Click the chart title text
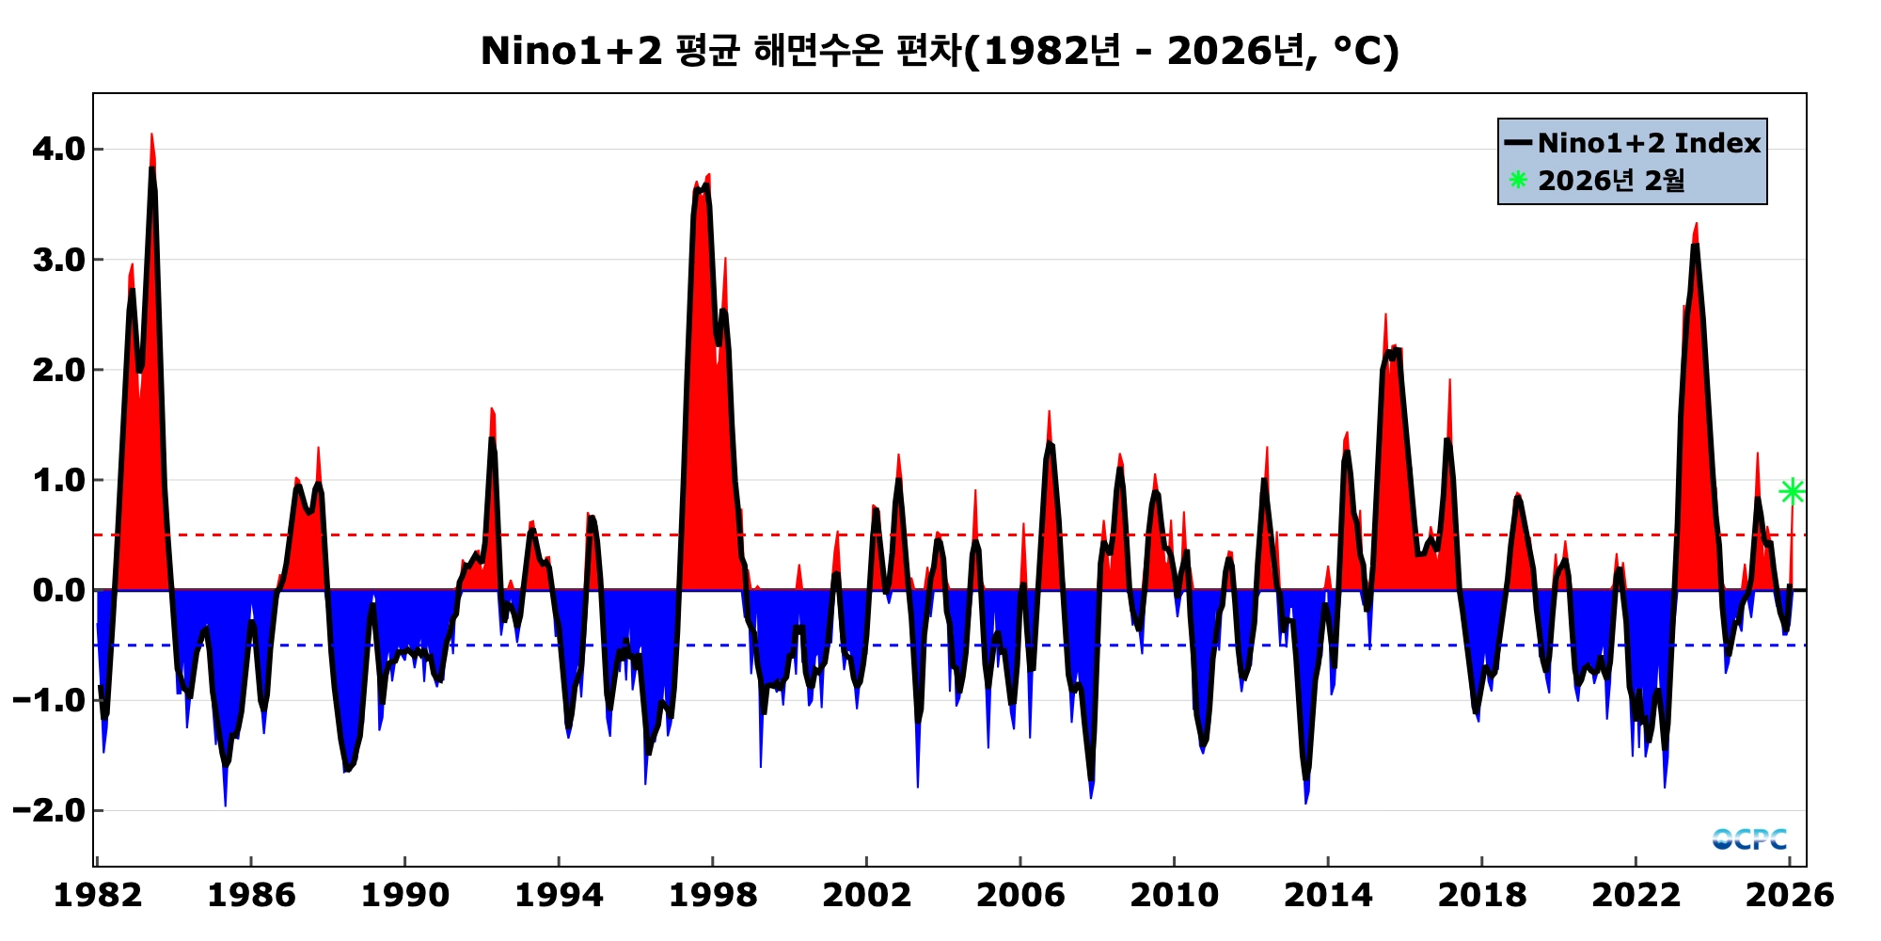pos(940,51)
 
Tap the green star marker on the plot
pos(1792,491)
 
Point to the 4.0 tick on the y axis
pos(58,150)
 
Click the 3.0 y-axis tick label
pos(58,260)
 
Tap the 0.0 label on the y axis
pos(58,591)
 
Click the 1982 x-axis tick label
pos(98,895)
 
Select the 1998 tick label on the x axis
pos(712,895)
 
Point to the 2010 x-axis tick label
pos(1174,895)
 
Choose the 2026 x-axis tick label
pos(1789,895)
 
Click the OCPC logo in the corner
pos(1749,838)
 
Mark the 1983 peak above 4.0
pos(151,136)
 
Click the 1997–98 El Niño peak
pos(707,176)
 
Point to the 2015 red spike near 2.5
pos(1385,316)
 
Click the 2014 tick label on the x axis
pos(1327,895)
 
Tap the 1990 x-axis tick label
pos(404,895)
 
